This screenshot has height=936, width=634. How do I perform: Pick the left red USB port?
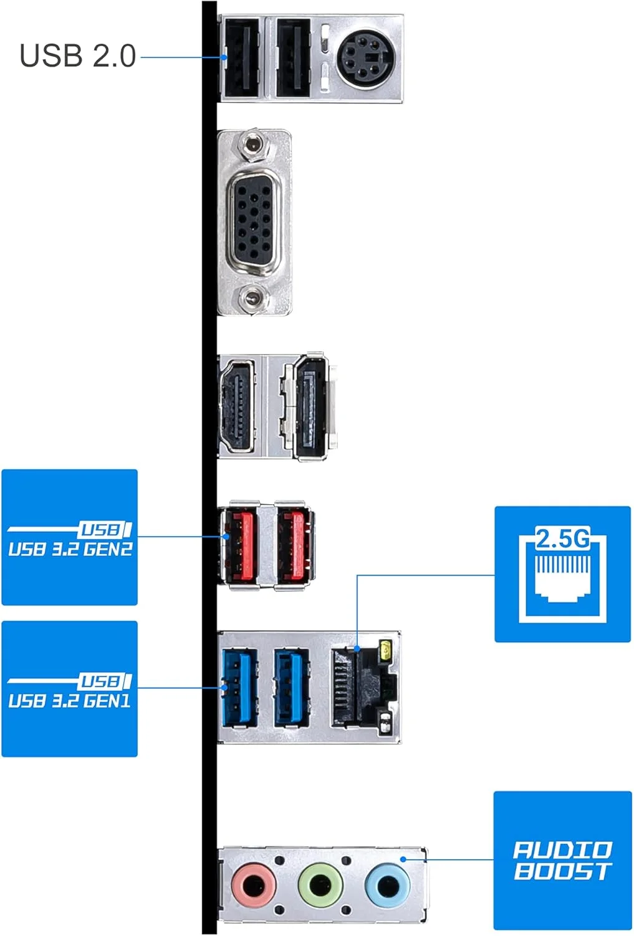coord(240,545)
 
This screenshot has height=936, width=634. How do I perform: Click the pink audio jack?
coord(253,885)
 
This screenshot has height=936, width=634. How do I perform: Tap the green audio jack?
coord(320,885)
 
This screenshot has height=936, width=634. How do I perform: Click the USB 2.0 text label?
coord(78,56)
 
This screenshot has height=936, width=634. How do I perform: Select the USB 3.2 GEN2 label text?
coord(70,549)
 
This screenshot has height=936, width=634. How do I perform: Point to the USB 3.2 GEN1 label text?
coord(70,701)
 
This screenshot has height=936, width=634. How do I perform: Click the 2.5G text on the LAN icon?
coord(562,539)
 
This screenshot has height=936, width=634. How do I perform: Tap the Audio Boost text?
coord(562,860)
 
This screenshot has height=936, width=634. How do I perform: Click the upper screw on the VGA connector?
coord(252,145)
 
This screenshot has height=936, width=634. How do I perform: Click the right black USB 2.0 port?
coord(293,58)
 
